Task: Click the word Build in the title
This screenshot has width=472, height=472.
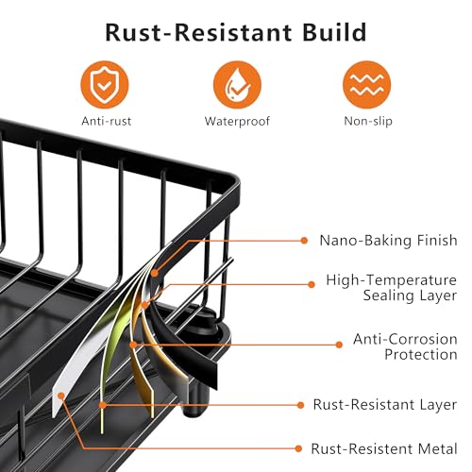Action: pyautogui.click(x=334, y=32)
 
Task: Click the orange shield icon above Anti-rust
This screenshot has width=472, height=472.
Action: pyautogui.click(x=105, y=85)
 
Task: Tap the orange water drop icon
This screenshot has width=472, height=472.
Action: pyautogui.click(x=237, y=85)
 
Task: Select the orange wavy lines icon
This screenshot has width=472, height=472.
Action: pyautogui.click(x=367, y=85)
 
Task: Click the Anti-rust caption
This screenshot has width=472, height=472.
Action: pyautogui.click(x=107, y=121)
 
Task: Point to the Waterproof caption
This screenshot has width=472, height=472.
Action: pyautogui.click(x=237, y=122)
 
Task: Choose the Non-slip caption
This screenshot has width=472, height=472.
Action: pyautogui.click(x=368, y=122)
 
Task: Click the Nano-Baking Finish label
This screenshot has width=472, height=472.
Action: pyautogui.click(x=388, y=241)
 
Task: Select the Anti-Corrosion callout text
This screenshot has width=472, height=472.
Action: pyautogui.click(x=405, y=339)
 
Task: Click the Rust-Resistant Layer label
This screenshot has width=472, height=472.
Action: pyautogui.click(x=384, y=405)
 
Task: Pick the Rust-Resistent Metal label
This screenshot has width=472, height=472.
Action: pyautogui.click(x=384, y=449)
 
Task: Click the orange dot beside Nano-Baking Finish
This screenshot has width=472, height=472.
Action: pyautogui.click(x=304, y=241)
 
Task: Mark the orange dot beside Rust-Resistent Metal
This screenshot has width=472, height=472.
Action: pyautogui.click(x=298, y=448)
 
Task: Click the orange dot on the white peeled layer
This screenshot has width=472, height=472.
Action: pyautogui.click(x=61, y=396)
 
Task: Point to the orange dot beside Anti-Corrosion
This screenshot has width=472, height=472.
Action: pyautogui.click(x=339, y=345)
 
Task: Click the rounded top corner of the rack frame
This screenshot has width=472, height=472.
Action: pyautogui.click(x=234, y=182)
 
